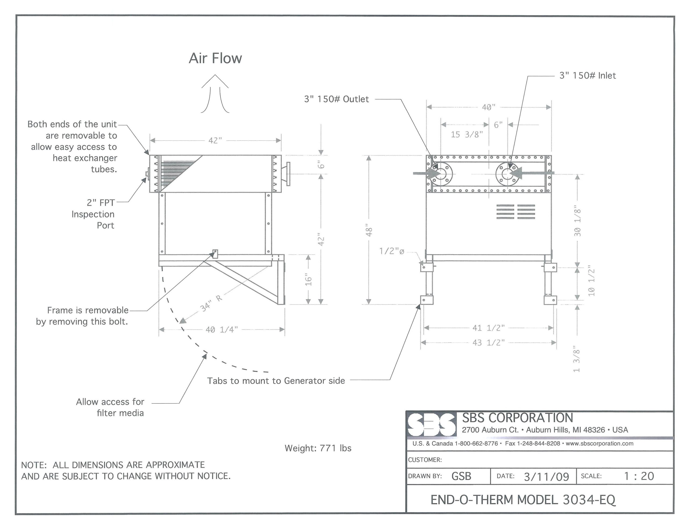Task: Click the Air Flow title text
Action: [x=215, y=58]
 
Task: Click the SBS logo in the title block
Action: [x=431, y=424]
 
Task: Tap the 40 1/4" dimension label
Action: [x=221, y=330]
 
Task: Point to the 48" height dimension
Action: [x=369, y=230]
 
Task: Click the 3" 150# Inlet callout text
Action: [x=587, y=76]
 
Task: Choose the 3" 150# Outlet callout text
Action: [x=336, y=99]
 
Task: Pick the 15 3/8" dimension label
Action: [x=467, y=135]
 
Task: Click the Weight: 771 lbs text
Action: [x=318, y=448]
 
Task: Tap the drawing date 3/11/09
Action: [x=546, y=477]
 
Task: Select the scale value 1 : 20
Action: [x=639, y=476]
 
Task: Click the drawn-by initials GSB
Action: [x=461, y=476]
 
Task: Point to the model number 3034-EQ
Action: [x=589, y=500]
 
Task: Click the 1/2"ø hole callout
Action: [x=392, y=251]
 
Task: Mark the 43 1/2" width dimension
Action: [x=488, y=342]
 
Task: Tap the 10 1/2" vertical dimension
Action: [x=591, y=281]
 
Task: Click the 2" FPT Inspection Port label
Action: [x=93, y=214]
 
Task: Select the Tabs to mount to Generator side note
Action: [x=276, y=381]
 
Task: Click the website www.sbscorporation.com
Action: [x=600, y=444]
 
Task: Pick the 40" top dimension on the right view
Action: [x=489, y=108]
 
